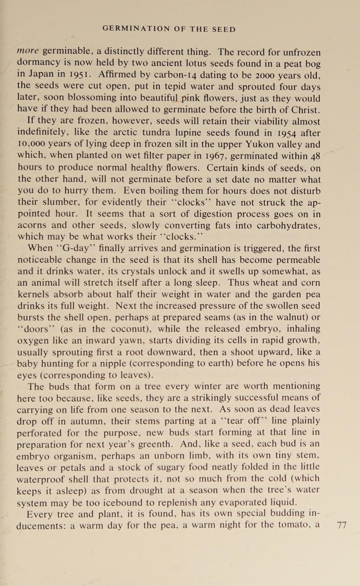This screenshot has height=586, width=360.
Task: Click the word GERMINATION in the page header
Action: point(136,29)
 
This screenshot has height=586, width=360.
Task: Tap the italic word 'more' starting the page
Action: point(28,51)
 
